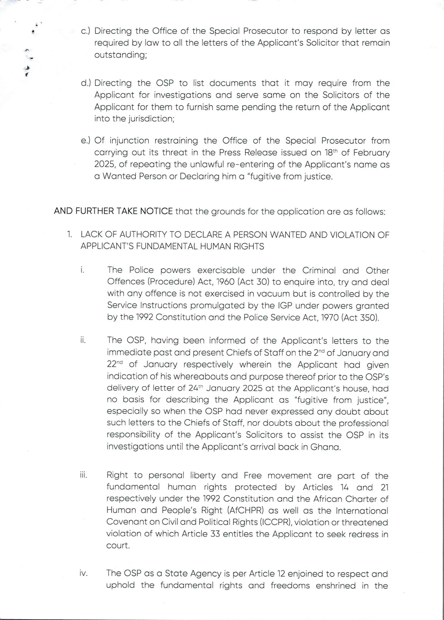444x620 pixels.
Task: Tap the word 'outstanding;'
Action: [121, 55]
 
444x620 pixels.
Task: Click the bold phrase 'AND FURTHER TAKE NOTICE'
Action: [113, 211]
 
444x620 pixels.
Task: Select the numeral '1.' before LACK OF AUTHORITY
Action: [70, 235]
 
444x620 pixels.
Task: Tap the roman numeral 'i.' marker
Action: [82, 270]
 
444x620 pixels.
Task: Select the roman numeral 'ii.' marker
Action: [83, 340]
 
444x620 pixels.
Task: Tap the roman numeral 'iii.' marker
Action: [83, 475]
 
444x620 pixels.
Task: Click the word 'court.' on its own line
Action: [118, 545]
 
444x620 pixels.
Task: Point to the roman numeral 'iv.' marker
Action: [83, 574]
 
